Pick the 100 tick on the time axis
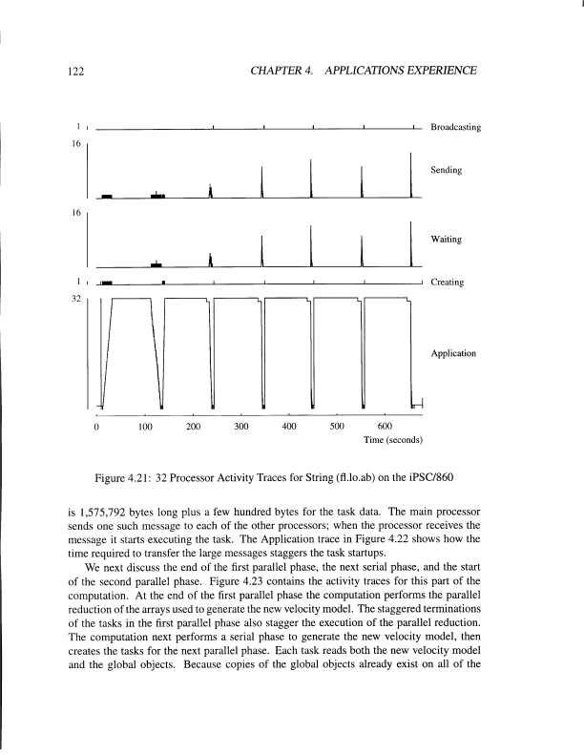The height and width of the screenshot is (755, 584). click(x=145, y=428)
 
